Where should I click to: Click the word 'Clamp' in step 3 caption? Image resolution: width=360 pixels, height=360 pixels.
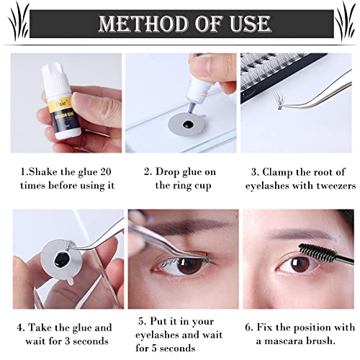282,172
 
